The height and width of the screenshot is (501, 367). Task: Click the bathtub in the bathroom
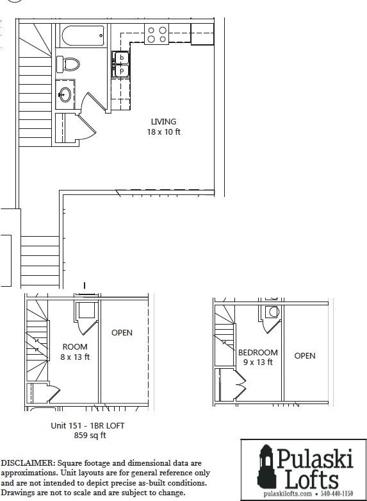83,36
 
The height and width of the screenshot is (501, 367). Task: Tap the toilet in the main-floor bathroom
68,64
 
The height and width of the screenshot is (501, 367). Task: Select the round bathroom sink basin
65,94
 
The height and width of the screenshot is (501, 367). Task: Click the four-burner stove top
157,35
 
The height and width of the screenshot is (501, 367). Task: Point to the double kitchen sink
120,64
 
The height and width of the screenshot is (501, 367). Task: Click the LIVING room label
163,121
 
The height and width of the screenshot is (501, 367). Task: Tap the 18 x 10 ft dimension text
164,132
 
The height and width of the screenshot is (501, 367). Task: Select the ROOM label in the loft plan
75,346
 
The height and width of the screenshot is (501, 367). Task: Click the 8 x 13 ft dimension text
75,357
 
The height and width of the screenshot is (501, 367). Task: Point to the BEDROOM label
258,352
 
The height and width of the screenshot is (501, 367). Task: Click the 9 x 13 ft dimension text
258,362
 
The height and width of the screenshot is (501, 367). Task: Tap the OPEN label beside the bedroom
305,356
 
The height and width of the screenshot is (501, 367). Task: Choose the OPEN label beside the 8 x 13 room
122,333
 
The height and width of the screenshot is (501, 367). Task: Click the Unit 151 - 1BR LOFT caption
88,425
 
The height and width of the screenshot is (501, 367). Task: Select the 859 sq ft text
90,435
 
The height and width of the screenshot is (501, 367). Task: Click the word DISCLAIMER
28,463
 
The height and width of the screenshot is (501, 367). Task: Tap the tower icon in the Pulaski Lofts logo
267,466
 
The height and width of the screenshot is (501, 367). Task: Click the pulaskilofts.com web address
287,494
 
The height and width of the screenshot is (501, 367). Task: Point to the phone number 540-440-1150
337,494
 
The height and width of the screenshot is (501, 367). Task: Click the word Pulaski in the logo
314,459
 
